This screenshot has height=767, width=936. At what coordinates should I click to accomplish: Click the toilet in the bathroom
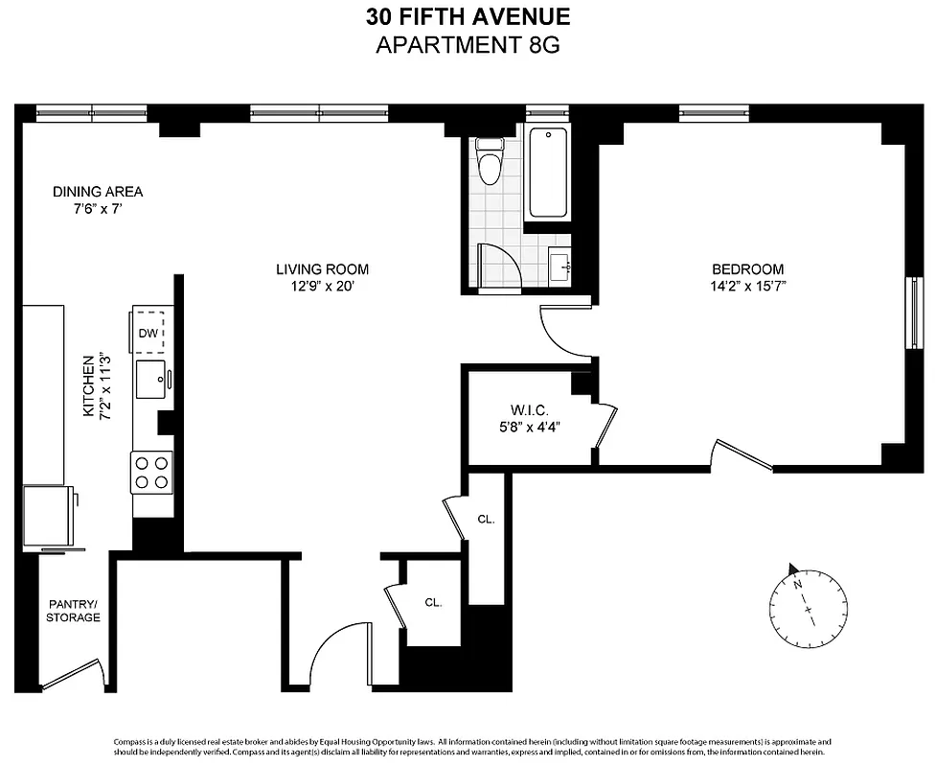pos(490,162)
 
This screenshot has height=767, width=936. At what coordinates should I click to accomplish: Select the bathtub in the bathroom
pos(548,174)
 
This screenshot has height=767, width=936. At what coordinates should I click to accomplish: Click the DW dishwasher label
pos(148,333)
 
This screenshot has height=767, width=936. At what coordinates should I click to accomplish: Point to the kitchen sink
pos(151,380)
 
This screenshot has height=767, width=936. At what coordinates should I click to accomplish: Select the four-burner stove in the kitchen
pos(150,472)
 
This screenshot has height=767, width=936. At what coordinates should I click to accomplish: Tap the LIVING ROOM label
pos(322,269)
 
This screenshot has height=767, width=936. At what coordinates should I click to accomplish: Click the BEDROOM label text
pos(747,269)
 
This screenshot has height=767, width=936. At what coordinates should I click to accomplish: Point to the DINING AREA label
pos(98,192)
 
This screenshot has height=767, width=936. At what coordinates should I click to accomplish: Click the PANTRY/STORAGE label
pos(73,611)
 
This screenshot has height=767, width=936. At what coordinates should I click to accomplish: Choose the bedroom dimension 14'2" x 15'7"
pos(747,286)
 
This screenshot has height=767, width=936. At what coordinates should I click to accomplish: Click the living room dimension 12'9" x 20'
pos(322,286)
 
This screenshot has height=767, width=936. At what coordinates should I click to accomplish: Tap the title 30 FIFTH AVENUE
pos(468,16)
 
